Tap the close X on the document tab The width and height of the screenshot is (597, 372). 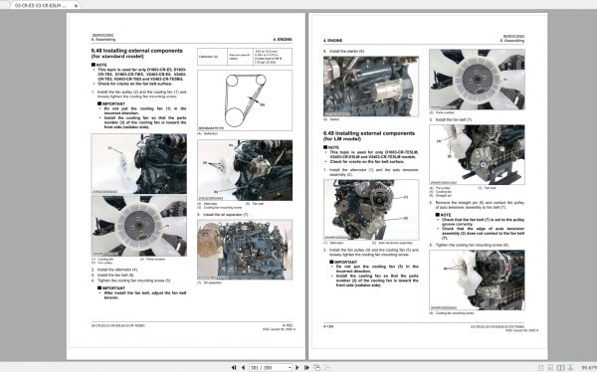(74, 6)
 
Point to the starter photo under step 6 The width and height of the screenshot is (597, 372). (363, 84)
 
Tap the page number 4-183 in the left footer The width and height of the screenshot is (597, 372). (285, 323)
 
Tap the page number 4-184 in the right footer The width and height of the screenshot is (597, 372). (329, 323)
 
